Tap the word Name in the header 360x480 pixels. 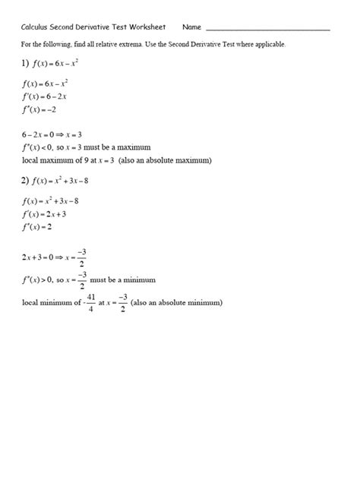click(192, 27)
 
